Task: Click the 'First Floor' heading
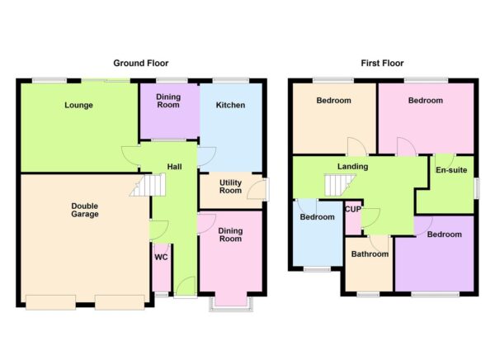click(x=382, y=63)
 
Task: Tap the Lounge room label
click(x=79, y=105)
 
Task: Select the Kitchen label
click(x=230, y=105)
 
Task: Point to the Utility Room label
click(x=230, y=186)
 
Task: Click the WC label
click(x=161, y=257)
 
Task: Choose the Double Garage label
click(x=85, y=210)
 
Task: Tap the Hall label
click(x=174, y=167)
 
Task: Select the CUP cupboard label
click(x=352, y=210)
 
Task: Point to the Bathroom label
click(x=369, y=254)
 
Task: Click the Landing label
click(x=352, y=167)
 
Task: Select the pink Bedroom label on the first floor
click(x=426, y=101)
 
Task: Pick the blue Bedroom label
click(x=316, y=217)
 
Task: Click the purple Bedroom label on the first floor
click(x=444, y=234)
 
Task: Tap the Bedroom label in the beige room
click(x=334, y=101)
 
